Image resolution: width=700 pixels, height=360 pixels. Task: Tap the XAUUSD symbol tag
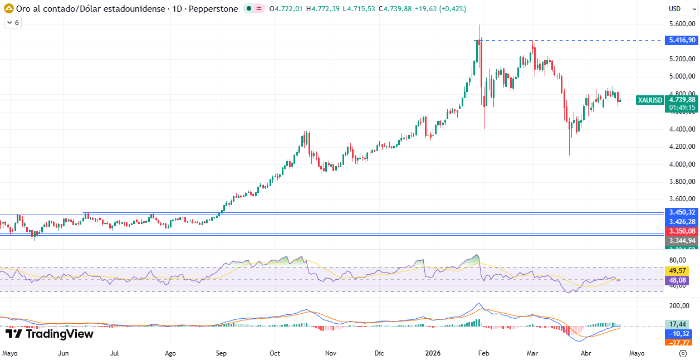point(650,100)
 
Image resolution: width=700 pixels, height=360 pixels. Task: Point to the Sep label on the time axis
point(221,353)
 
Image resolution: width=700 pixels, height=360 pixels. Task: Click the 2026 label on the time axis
point(433,353)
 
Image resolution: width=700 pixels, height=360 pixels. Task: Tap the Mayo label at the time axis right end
point(637,353)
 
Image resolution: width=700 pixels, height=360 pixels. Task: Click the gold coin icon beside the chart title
point(9,9)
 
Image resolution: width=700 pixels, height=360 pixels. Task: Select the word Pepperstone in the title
point(216,9)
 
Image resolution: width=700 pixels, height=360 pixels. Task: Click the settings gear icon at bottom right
point(683,353)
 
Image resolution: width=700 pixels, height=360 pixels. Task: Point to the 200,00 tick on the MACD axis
point(680,306)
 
